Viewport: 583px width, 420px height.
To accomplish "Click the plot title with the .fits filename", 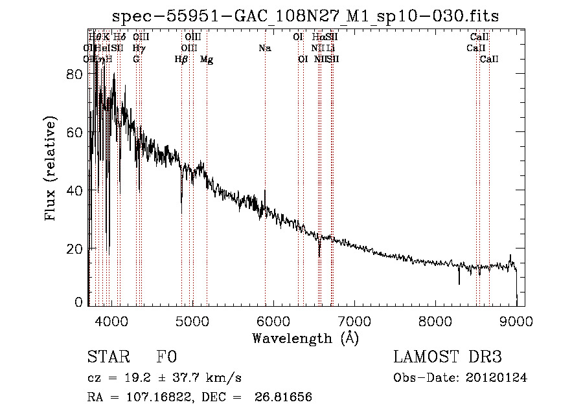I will [306, 16].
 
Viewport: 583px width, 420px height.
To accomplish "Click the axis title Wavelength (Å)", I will [305, 338].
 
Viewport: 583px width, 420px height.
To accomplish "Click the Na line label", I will [264, 49].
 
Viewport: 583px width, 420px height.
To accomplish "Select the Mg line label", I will [207, 60].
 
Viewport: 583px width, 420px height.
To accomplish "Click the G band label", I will [136, 60].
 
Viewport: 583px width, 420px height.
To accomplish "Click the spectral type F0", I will [166, 357].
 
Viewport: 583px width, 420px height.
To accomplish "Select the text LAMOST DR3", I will [448, 357].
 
